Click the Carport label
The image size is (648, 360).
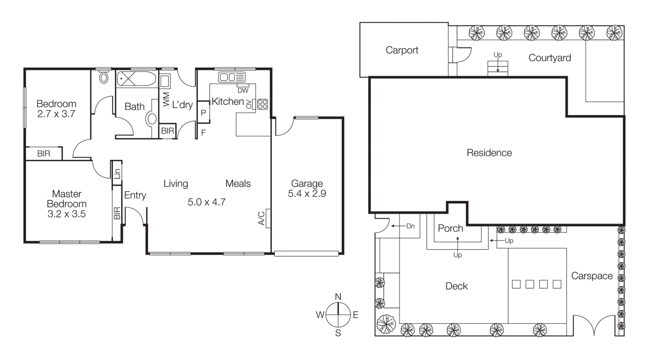click(x=402, y=50)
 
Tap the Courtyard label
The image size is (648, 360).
click(x=550, y=58)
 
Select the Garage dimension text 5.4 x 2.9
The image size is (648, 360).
click(x=307, y=194)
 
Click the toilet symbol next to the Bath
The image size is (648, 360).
click(x=104, y=77)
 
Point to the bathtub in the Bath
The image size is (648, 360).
click(x=136, y=79)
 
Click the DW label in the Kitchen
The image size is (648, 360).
click(x=243, y=91)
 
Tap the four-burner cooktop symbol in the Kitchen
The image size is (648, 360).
click(x=262, y=104)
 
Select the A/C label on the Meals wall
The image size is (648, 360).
click(x=262, y=218)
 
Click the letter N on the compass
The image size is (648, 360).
click(x=338, y=297)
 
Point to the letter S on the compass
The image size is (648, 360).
click(x=338, y=333)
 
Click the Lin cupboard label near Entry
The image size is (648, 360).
click(x=117, y=174)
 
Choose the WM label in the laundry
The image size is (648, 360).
click(x=166, y=99)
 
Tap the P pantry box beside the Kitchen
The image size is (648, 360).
click(x=203, y=113)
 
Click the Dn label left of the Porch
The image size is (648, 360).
click(x=410, y=226)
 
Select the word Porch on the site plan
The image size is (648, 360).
click(x=450, y=228)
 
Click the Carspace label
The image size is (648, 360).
click(x=592, y=276)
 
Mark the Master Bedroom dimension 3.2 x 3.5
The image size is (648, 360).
click(x=66, y=214)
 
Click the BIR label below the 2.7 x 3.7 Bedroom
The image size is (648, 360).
click(x=44, y=154)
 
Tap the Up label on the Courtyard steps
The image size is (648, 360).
click(x=497, y=55)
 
